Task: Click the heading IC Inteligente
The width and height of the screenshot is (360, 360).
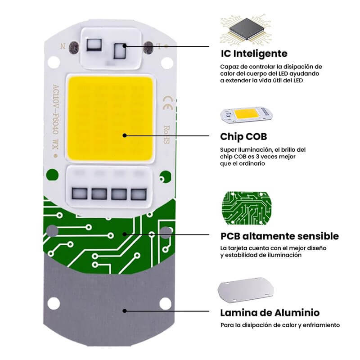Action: pos(254,54)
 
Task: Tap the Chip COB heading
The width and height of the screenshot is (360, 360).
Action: pos(243,137)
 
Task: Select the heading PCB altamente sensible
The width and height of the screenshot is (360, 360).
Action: pos(279,236)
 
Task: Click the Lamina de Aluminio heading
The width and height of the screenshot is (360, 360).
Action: pos(270,313)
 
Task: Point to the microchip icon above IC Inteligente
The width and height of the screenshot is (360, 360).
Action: pos(246,29)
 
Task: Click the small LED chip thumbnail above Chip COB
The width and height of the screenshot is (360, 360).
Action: pos(246,115)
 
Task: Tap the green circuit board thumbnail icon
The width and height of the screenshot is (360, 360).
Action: pos(247,208)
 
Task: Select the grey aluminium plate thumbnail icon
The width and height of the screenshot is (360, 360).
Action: pos(246,290)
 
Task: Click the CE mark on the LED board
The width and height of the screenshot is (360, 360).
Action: pos(167,103)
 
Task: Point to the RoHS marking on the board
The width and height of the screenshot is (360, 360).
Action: pos(166,135)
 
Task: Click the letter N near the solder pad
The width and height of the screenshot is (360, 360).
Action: pos(63,46)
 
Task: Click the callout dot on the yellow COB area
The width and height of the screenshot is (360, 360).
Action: pos(125,135)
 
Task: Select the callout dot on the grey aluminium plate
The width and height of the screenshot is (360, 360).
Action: pos(125,311)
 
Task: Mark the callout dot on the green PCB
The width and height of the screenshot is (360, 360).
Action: pos(125,234)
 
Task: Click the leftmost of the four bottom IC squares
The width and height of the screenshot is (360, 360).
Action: pos(80,194)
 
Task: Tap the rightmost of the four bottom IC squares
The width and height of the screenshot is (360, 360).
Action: pos(139,194)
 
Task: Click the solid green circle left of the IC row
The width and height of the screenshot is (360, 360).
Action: pos(52,175)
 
